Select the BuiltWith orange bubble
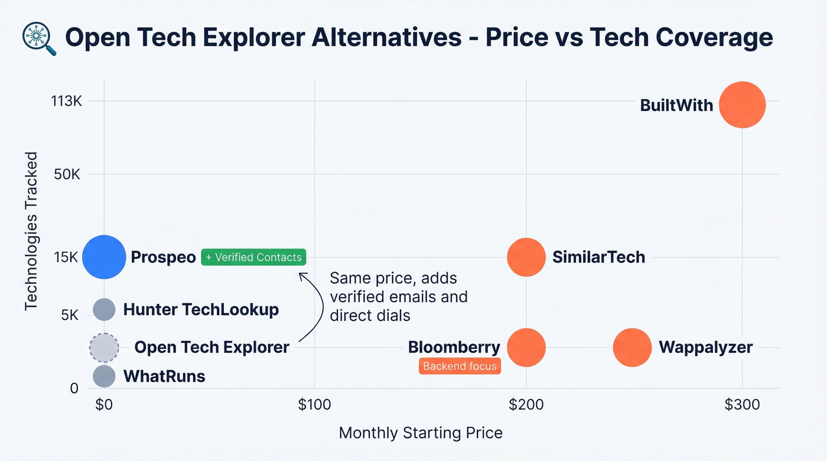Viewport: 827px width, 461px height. pyautogui.click(x=742, y=104)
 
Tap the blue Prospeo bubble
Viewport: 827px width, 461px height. pyautogui.click(x=104, y=257)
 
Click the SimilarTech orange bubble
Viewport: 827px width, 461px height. pyautogui.click(x=526, y=257)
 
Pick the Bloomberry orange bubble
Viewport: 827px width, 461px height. pyautogui.click(x=526, y=348)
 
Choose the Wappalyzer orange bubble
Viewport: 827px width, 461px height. pyautogui.click(x=632, y=348)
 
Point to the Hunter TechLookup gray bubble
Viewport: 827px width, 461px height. pyautogui.click(x=104, y=309)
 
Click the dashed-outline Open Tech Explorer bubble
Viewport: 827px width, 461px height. pyautogui.click(x=104, y=348)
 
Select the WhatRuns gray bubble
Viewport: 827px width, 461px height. pyautogui.click(x=104, y=376)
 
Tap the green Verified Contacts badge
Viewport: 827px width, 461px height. pyautogui.click(x=253, y=257)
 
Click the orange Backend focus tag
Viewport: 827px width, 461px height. pyautogui.click(x=460, y=366)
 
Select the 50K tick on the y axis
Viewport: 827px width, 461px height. pyautogui.click(x=66, y=174)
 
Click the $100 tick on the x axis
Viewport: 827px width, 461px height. pyautogui.click(x=314, y=406)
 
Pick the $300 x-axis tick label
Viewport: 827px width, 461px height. pyautogui.click(x=742, y=406)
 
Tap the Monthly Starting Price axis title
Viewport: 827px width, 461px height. pyautogui.click(x=421, y=433)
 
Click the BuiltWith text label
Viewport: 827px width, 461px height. pyautogui.click(x=676, y=105)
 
